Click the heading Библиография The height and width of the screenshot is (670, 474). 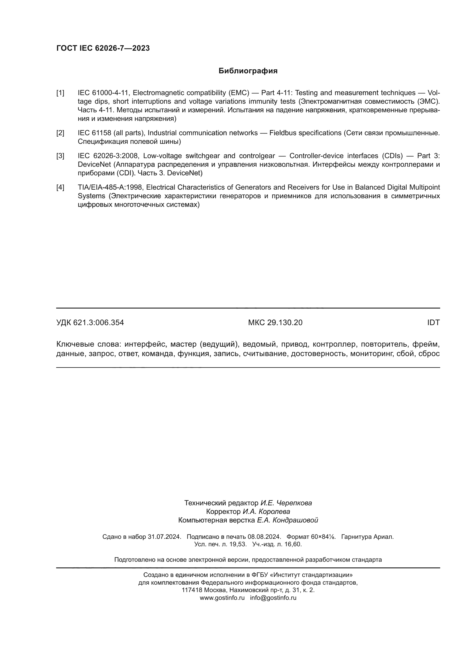click(248, 71)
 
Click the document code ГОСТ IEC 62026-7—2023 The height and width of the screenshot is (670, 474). click(103, 48)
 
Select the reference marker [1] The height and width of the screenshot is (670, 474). click(60, 93)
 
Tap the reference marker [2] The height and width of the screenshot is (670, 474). click(60, 133)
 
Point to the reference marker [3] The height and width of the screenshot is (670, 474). click(60, 156)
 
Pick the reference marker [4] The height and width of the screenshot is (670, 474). click(60, 187)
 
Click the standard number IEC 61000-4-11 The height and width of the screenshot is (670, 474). click(103, 93)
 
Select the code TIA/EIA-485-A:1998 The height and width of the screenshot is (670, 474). click(110, 187)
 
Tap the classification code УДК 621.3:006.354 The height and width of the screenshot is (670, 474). click(90, 323)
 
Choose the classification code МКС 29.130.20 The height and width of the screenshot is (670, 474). click(275, 323)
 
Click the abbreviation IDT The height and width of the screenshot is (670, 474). click(433, 323)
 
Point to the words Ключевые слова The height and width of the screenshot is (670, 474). click(89, 344)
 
